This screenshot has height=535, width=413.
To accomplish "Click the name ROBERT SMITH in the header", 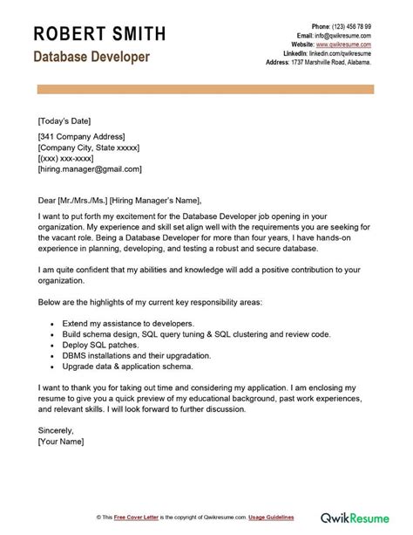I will click(98, 34).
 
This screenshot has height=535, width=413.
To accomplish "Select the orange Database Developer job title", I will click(91, 58).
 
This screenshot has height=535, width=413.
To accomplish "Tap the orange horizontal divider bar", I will click(206, 87).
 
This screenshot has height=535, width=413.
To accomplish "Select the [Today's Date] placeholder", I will click(64, 120).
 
